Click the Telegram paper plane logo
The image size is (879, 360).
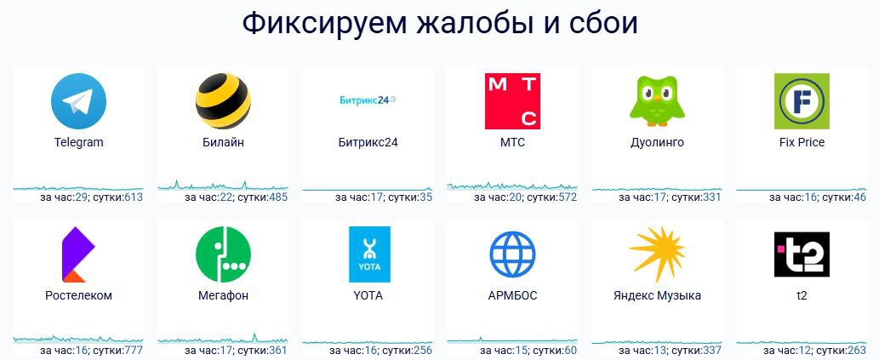point(78,101)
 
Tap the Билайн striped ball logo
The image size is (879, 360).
point(223,101)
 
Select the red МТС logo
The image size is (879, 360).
point(512,101)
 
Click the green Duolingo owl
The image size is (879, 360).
point(657,101)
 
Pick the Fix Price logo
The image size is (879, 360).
point(802,101)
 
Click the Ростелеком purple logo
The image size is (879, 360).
point(78,254)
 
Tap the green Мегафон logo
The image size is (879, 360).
point(223,254)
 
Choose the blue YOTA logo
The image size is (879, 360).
point(369,254)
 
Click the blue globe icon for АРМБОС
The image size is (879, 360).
point(512,254)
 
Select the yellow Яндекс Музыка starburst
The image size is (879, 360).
point(657,254)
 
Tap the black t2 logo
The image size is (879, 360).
point(802,254)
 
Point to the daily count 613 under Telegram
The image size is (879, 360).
point(134,197)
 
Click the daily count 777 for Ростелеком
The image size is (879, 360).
point(134,351)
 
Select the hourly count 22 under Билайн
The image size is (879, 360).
point(226,197)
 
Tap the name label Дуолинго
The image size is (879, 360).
point(657,142)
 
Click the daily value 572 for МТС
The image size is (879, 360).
point(568,197)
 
